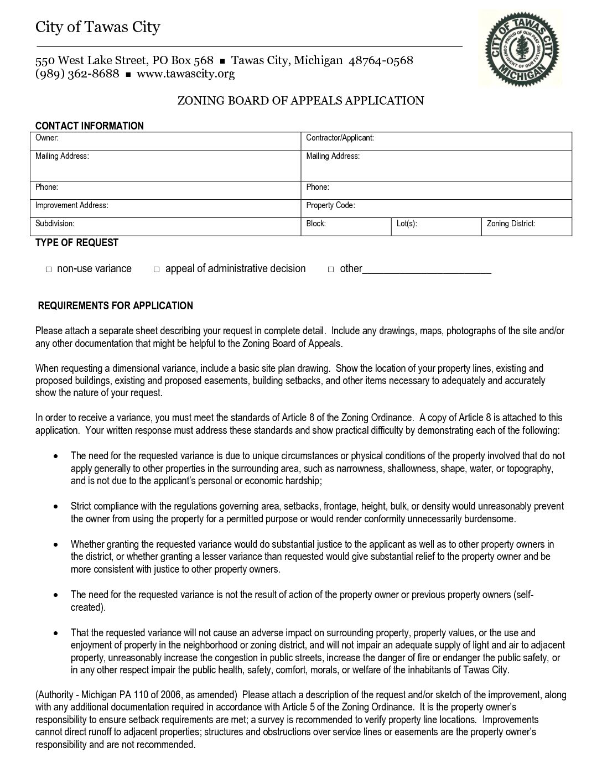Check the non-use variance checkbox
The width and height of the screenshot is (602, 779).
click(49, 269)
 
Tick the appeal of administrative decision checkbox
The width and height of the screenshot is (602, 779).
click(157, 269)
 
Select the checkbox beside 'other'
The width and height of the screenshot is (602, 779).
click(331, 269)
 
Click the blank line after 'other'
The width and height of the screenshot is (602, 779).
click(427, 271)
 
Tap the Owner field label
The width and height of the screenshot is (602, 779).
click(47, 138)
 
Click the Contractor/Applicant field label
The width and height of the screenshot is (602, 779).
click(340, 138)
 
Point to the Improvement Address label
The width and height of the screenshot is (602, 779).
click(71, 205)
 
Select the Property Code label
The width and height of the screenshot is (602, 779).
click(330, 205)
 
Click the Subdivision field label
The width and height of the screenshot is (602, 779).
click(55, 224)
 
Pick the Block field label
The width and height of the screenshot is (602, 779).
click(316, 224)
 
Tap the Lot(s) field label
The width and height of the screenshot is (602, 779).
click(407, 224)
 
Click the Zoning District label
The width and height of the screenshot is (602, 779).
click(511, 224)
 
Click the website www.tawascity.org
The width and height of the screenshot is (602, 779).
click(185, 74)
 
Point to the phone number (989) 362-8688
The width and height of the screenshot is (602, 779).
click(77, 74)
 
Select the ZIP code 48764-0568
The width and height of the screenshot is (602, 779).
click(380, 60)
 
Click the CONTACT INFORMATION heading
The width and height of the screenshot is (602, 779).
click(89, 126)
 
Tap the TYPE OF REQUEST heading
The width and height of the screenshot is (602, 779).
click(77, 242)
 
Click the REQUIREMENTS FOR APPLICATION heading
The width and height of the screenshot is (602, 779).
click(115, 306)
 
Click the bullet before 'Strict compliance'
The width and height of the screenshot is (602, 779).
click(56, 506)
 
